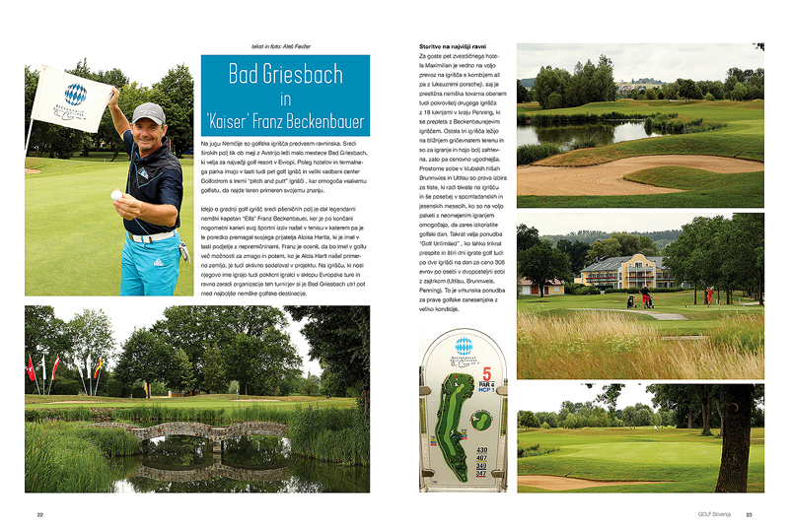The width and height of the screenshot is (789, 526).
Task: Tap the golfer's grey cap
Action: pyautogui.click(x=148, y=112)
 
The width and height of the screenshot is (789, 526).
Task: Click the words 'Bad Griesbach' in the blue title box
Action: pyautogui.click(x=285, y=73)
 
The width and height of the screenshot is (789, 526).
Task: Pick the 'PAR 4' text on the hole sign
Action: pyautogui.click(x=486, y=384)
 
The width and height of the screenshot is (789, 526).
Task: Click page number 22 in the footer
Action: pyautogui.click(x=40, y=513)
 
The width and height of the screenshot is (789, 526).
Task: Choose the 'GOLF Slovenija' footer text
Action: pyautogui.click(x=714, y=513)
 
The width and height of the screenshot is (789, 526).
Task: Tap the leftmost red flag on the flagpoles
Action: pyautogui.click(x=31, y=368)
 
